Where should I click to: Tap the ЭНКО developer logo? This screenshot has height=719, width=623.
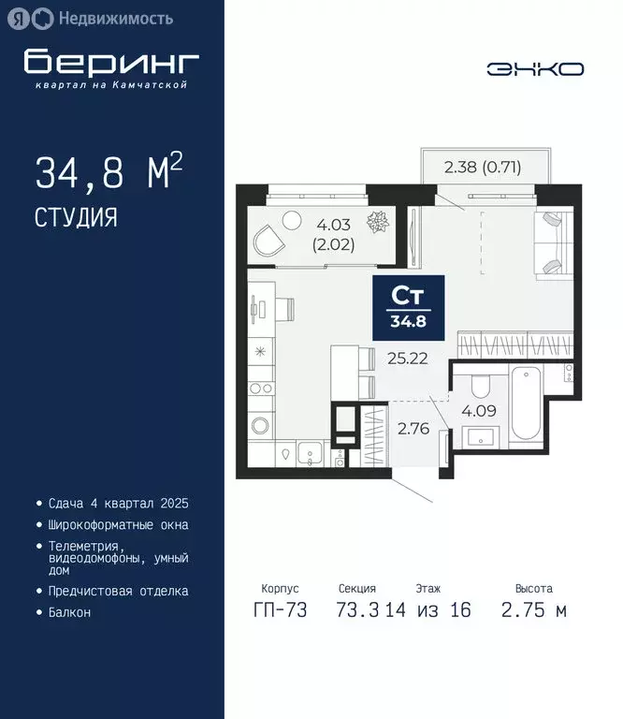(x=535, y=68)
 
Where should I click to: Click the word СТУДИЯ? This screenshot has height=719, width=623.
(x=76, y=218)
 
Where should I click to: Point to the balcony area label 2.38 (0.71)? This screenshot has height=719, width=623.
(x=482, y=169)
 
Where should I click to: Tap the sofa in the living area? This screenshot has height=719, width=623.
(x=549, y=242)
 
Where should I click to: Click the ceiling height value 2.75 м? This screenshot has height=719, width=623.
(x=533, y=610)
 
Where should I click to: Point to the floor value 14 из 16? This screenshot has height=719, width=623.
(x=428, y=610)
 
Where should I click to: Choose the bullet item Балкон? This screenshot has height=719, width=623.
(x=69, y=612)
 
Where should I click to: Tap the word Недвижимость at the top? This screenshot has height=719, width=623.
(x=115, y=18)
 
